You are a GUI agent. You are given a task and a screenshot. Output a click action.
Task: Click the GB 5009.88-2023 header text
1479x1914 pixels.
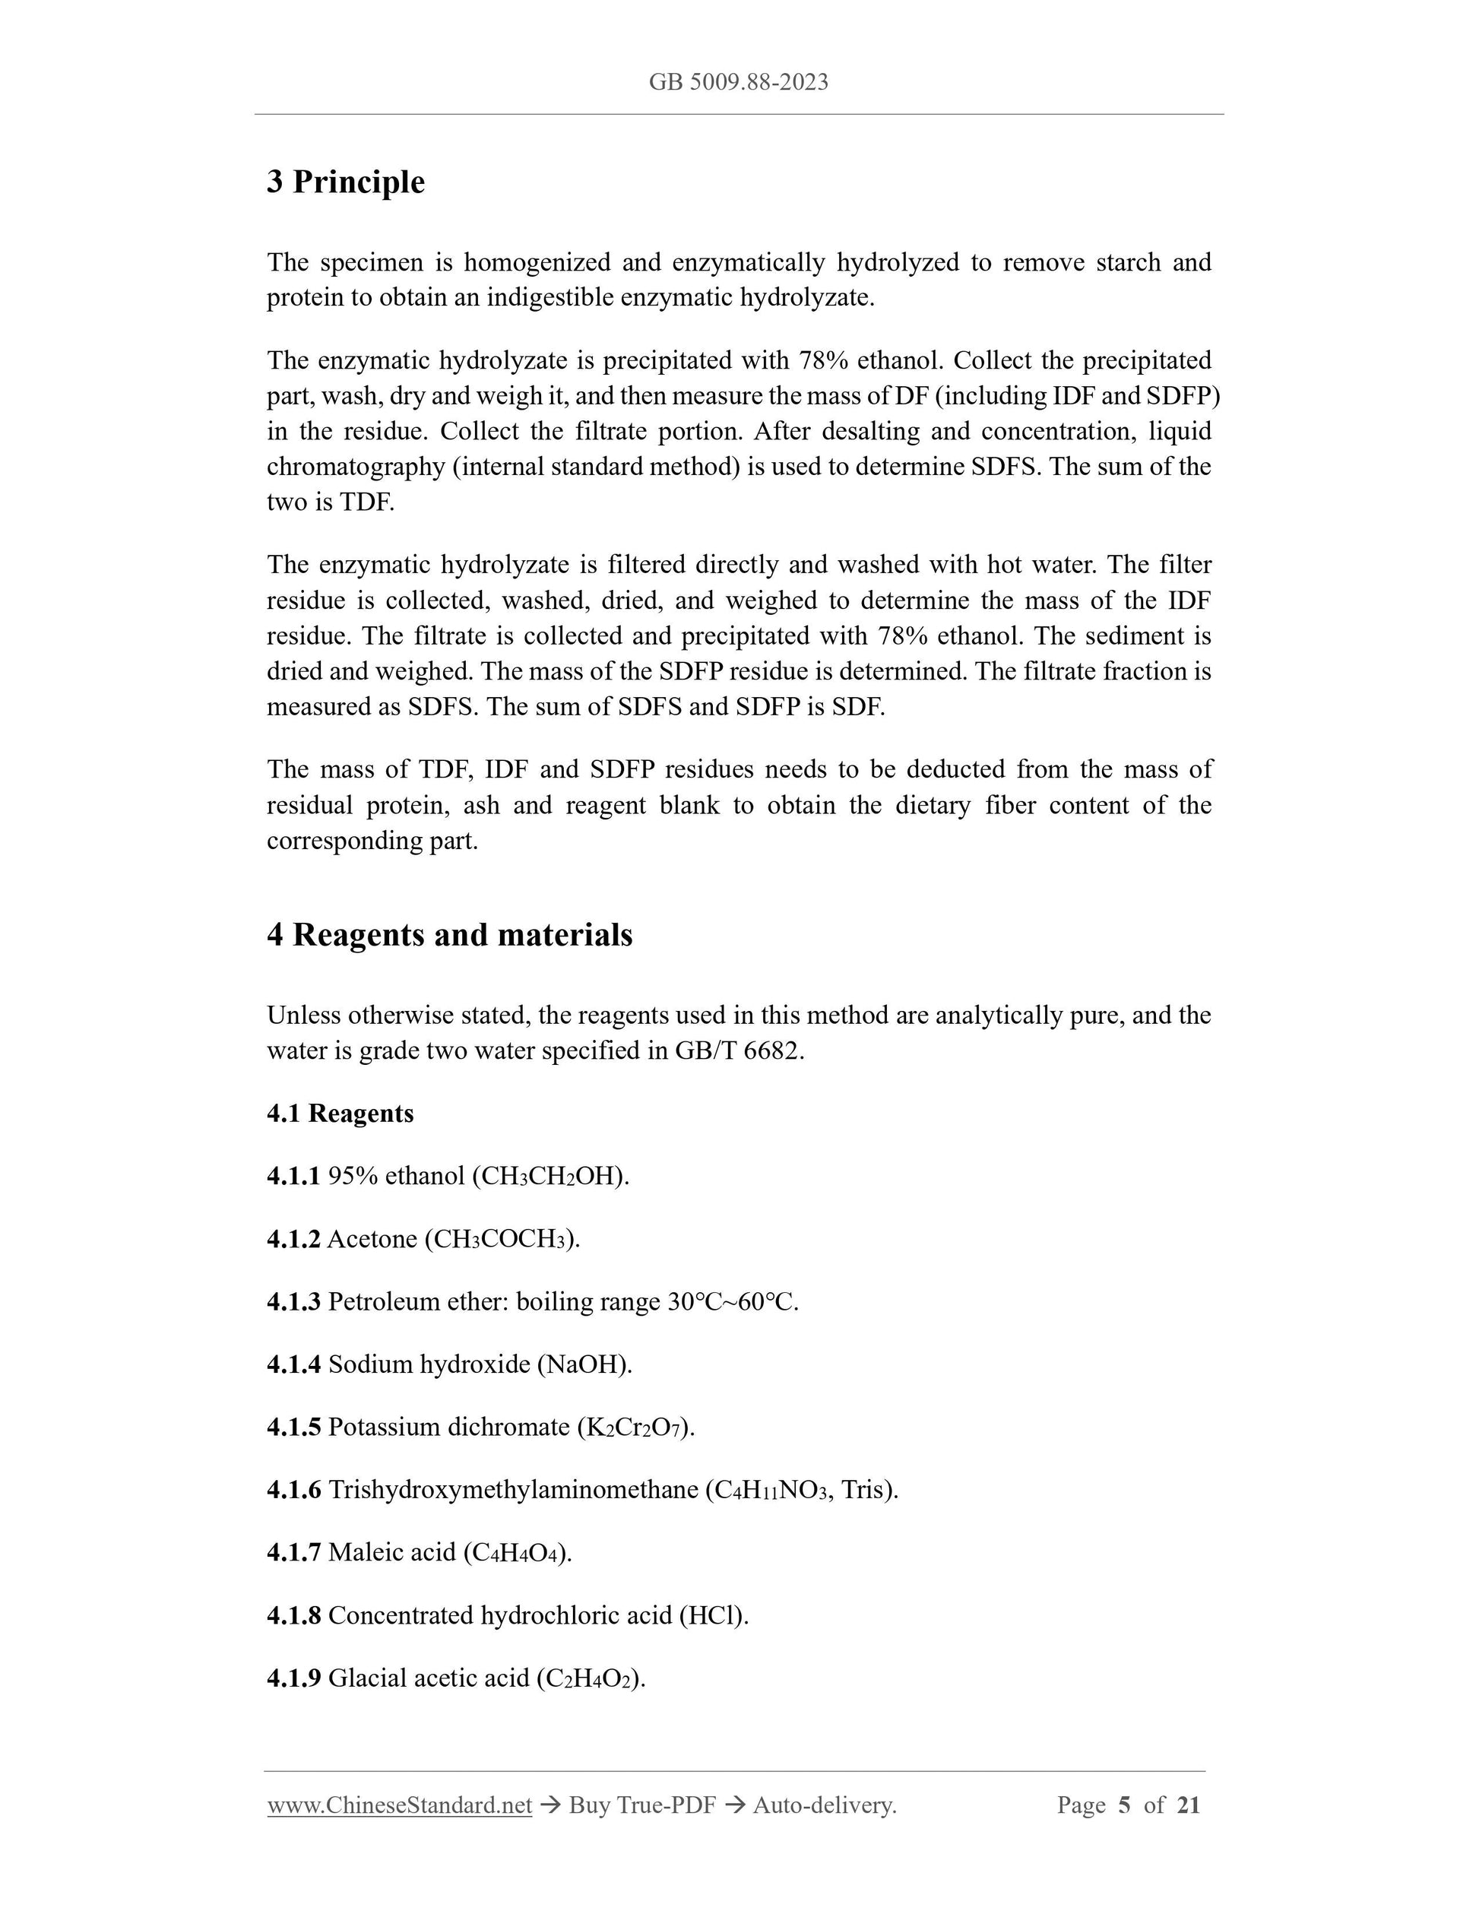tap(739, 82)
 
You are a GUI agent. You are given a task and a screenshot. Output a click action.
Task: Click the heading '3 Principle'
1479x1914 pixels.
tap(345, 182)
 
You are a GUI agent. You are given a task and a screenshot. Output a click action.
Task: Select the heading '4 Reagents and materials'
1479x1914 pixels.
tap(449, 935)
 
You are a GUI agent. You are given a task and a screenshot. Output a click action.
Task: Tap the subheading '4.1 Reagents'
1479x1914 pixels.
tap(340, 1113)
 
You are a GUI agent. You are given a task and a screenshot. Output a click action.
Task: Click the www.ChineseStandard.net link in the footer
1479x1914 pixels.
tap(400, 1805)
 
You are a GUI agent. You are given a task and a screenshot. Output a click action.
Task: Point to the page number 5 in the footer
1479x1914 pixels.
tap(1124, 1805)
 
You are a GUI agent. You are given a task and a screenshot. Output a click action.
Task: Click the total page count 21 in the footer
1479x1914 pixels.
tap(1188, 1805)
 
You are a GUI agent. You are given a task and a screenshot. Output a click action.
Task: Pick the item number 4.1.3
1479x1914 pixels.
tap(293, 1301)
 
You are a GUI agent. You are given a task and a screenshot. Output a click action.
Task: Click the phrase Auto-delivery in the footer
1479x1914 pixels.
tap(824, 1805)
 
